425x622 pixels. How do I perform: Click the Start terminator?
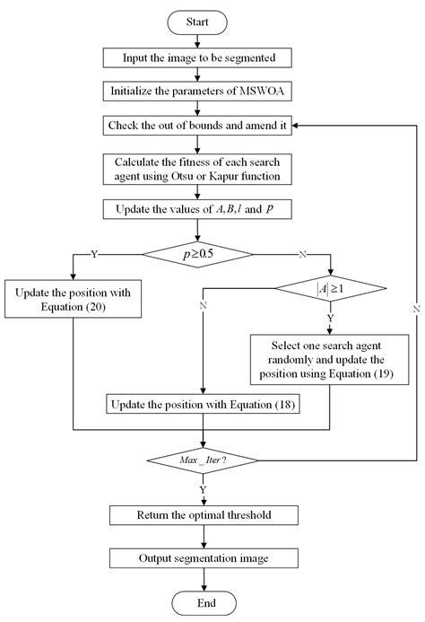(204, 20)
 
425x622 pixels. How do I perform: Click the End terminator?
(204, 601)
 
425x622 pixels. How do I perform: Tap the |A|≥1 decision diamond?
(331, 289)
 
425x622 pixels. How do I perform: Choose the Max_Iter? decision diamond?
(204, 460)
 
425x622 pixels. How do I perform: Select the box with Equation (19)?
(330, 358)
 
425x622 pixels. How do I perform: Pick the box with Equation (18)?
(204, 405)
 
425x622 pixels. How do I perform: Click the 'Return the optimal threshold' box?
(204, 515)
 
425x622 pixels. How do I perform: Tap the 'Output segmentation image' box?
(204, 557)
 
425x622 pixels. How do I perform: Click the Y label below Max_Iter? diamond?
(204, 488)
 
